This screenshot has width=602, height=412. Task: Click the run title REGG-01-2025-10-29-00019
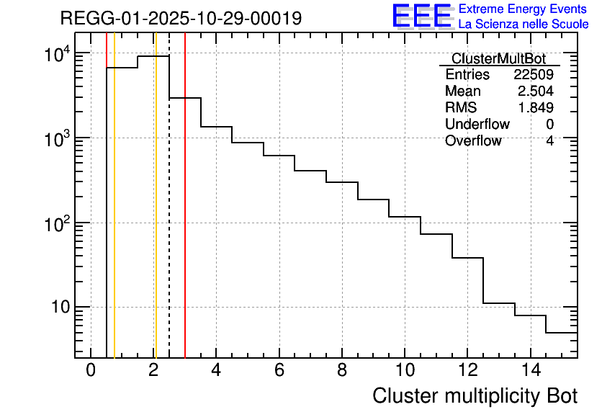click(x=181, y=18)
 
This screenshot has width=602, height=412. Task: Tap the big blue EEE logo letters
click(x=422, y=17)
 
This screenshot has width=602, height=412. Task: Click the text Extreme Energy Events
click(x=524, y=9)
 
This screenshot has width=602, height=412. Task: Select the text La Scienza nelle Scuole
click(x=524, y=24)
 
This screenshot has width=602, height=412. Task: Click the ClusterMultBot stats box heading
click(x=498, y=58)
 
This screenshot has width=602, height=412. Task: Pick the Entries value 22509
click(x=534, y=75)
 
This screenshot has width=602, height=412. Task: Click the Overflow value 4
click(x=549, y=141)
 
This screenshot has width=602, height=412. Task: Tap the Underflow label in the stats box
click(x=477, y=125)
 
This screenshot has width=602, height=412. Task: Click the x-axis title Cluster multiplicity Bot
click(x=475, y=395)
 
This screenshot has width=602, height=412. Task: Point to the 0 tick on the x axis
click(x=91, y=370)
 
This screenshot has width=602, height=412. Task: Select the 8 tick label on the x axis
click(x=341, y=370)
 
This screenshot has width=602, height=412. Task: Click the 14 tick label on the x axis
click(x=529, y=370)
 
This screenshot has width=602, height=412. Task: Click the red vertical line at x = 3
click(x=185, y=216)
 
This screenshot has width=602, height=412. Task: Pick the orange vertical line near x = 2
click(x=155, y=216)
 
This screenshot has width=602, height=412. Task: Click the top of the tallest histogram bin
click(x=153, y=56)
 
